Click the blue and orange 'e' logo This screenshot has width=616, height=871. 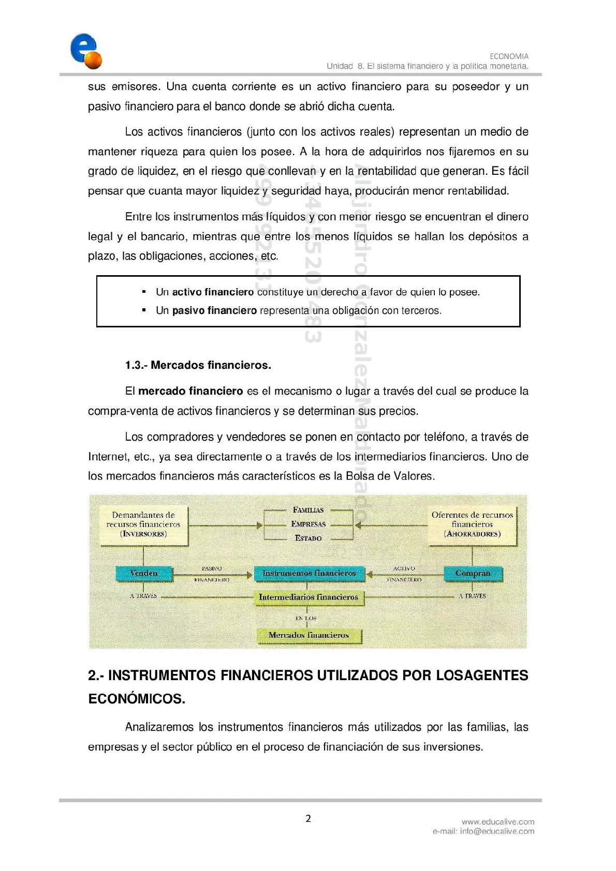pos(86,51)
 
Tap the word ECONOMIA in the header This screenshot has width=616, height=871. pos(509,56)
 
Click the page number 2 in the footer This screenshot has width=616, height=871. pos(309,818)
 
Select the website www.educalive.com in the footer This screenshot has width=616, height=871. pos(498,821)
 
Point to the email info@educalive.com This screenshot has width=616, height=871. pos(497,831)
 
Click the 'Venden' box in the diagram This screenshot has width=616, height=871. pos(143,573)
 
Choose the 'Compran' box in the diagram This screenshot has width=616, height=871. pos(472,573)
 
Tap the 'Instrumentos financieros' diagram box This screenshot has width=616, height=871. pos(309,573)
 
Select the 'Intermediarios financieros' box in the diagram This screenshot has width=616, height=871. pos(309,597)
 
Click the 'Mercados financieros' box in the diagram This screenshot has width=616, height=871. pos(309,635)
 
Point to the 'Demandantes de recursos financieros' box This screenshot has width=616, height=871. pos(143,524)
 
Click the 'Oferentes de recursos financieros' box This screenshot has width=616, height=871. pos(472,524)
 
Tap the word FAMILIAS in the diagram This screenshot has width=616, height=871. pos(309,510)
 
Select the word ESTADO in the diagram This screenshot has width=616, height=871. pos(309,538)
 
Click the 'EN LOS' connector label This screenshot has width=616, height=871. pos(306,618)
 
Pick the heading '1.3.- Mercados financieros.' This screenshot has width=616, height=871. pos(198,365)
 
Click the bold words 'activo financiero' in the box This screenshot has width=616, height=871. pos(213,292)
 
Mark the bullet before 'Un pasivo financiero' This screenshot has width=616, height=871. pos(144,310)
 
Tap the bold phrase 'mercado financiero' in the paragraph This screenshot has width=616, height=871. pos(190,391)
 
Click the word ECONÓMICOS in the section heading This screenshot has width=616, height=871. pos(137,699)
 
